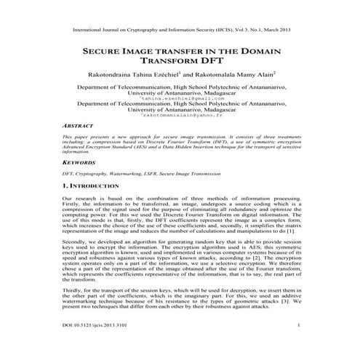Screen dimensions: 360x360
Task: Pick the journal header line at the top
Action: (x=180, y=31)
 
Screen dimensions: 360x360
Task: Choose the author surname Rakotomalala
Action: (x=220, y=74)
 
